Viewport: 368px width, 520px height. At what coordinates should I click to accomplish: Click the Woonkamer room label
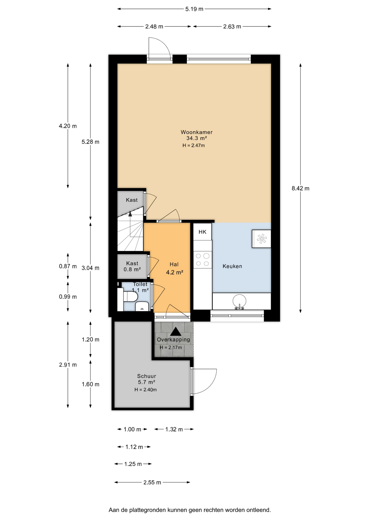click(196, 132)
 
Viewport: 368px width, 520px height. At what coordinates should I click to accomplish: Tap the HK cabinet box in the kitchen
click(202, 232)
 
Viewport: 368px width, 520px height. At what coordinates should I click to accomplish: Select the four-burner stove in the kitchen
click(202, 259)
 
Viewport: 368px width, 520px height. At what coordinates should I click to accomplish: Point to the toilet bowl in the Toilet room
click(130, 296)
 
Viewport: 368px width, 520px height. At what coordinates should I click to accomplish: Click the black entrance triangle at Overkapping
click(176, 331)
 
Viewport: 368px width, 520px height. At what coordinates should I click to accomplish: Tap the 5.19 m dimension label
click(194, 9)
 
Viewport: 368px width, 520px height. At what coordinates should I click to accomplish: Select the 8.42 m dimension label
click(301, 188)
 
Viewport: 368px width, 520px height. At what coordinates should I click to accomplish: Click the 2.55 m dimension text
click(152, 482)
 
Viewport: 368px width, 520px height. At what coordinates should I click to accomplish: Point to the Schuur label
click(146, 376)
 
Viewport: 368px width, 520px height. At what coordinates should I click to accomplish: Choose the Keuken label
click(232, 266)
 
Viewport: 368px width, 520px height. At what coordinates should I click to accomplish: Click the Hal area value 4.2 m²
click(175, 272)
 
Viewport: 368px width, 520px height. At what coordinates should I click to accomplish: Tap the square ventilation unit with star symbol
click(262, 239)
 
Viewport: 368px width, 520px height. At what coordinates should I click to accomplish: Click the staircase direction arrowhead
click(130, 214)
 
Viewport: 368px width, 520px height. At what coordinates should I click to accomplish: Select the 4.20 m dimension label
click(68, 126)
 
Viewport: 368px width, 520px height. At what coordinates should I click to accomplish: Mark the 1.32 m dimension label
click(174, 429)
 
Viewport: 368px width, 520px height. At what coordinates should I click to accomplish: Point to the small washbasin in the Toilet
click(142, 306)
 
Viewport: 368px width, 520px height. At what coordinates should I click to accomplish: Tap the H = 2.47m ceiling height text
click(193, 145)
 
